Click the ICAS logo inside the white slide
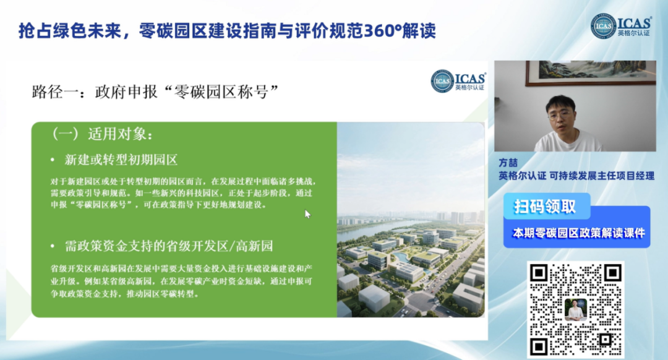coord(458,80)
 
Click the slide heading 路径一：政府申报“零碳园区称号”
coord(155,92)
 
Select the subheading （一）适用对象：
coord(101,134)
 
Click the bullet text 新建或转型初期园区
coord(121,160)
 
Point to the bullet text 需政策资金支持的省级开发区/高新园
coord(169,246)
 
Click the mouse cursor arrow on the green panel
coord(307,214)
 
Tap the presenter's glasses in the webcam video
coord(559,114)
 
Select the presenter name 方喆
coord(508,163)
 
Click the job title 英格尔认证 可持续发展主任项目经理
coord(576,176)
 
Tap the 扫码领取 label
coord(545,207)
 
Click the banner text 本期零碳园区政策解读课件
coord(578,233)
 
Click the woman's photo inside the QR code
coord(576,310)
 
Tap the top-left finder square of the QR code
coord(539,273)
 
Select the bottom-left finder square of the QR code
coord(539,346)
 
